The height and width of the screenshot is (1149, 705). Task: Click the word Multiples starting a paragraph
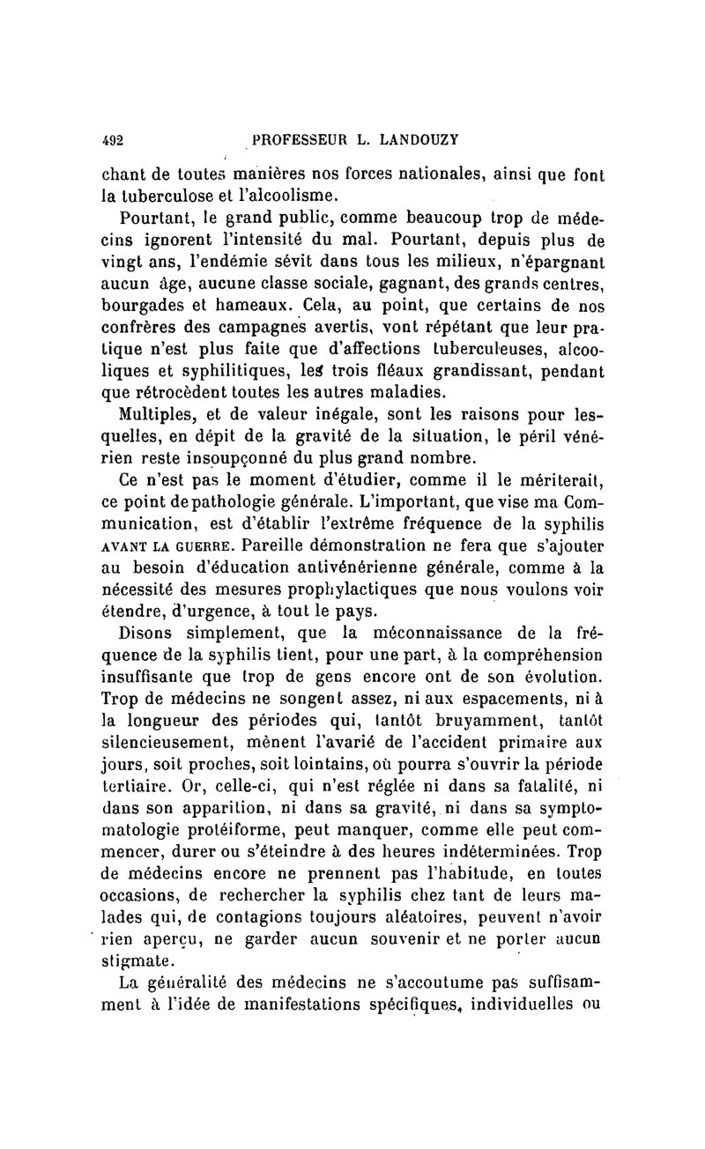pyautogui.click(x=156, y=416)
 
